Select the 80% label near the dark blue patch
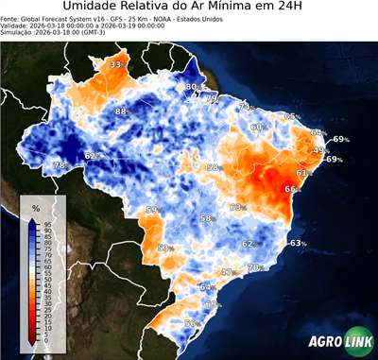tap(191, 87)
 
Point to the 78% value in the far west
tap(60, 165)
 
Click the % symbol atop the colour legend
tap(35, 207)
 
